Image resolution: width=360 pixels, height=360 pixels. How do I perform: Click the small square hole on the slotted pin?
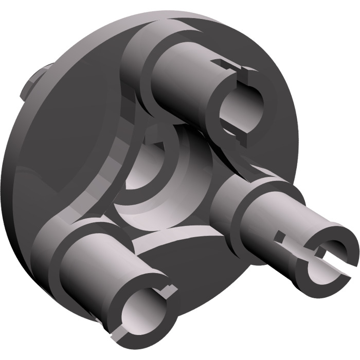tap(280, 238)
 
